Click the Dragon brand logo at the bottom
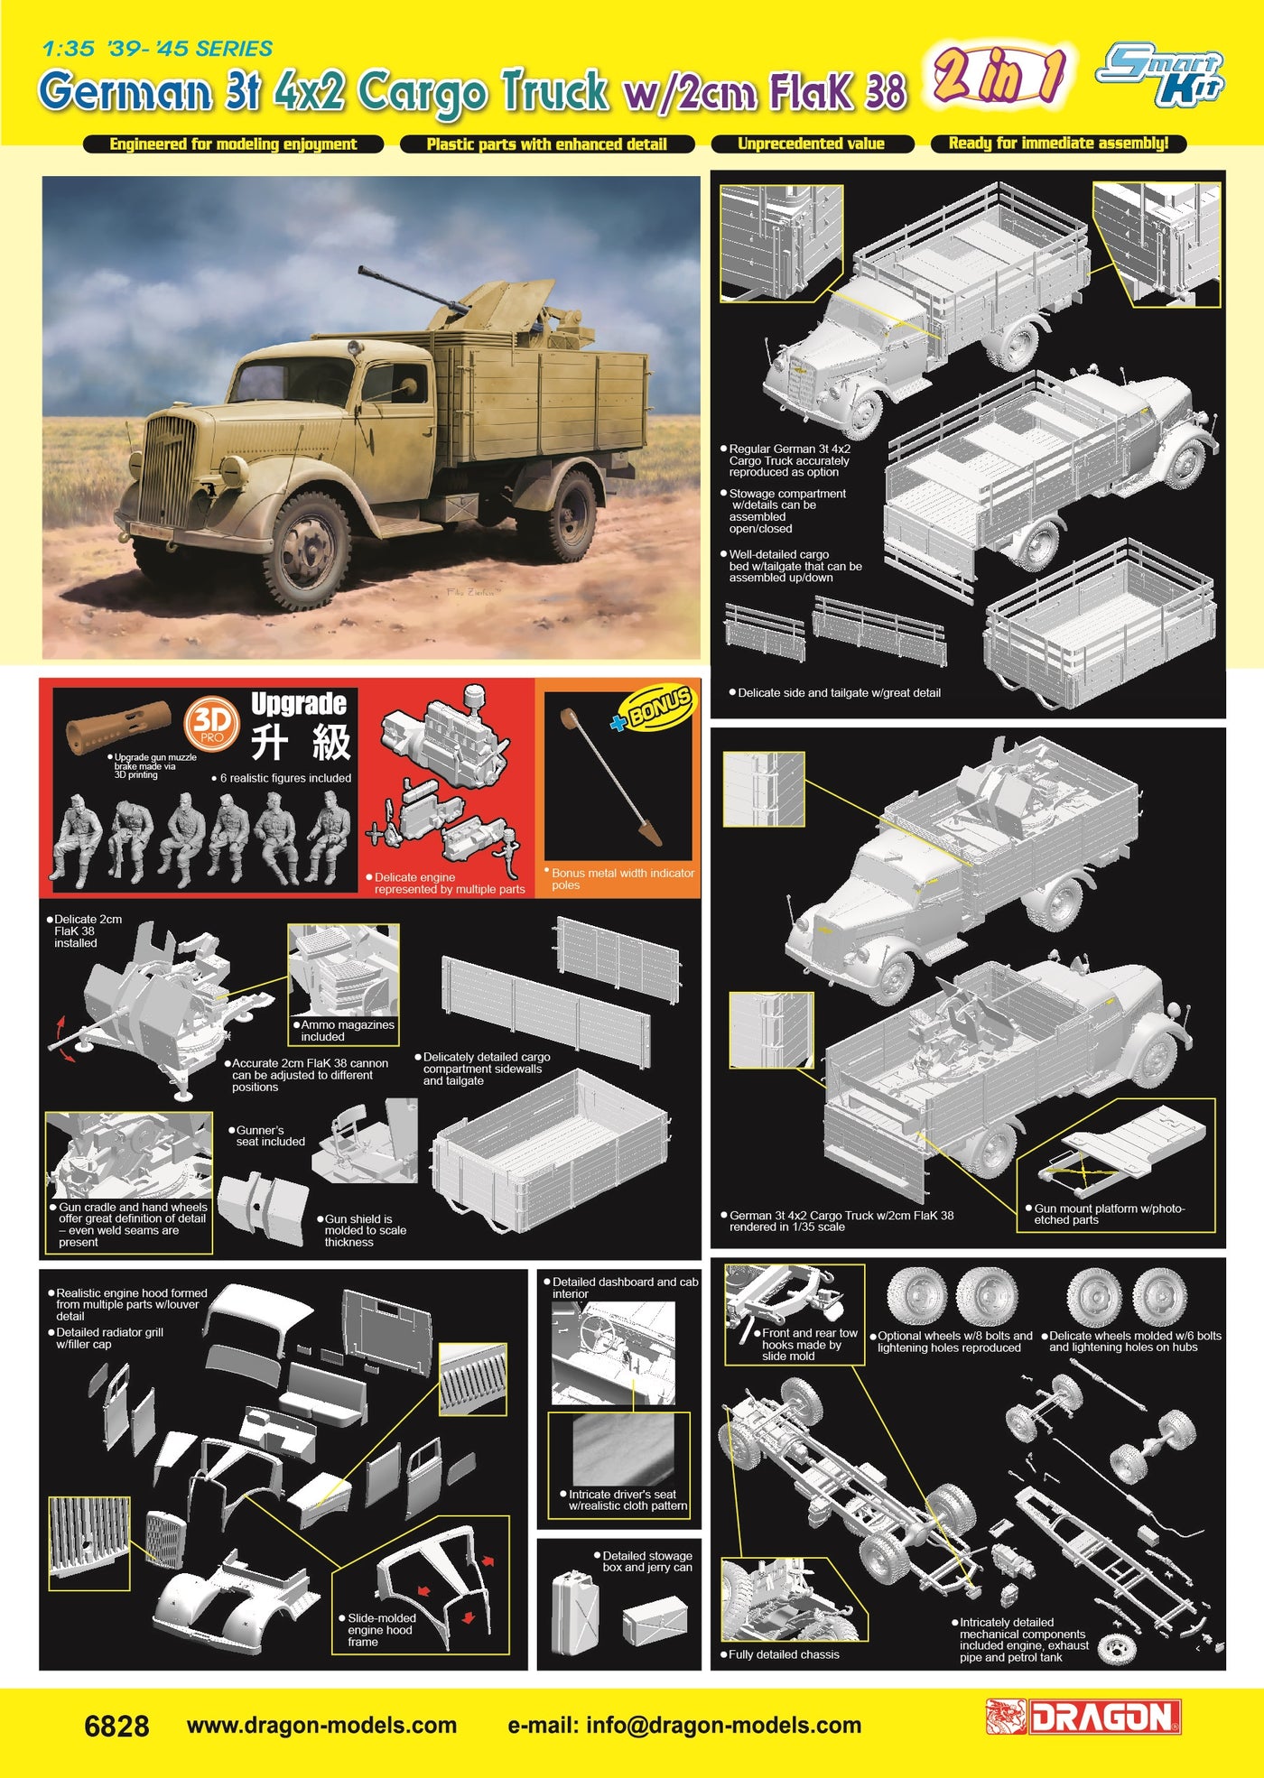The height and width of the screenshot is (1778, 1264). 1083,1718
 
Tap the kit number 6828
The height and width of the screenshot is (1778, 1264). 116,1726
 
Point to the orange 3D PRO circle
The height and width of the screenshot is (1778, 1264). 212,725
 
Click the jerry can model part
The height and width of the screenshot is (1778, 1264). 574,1612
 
